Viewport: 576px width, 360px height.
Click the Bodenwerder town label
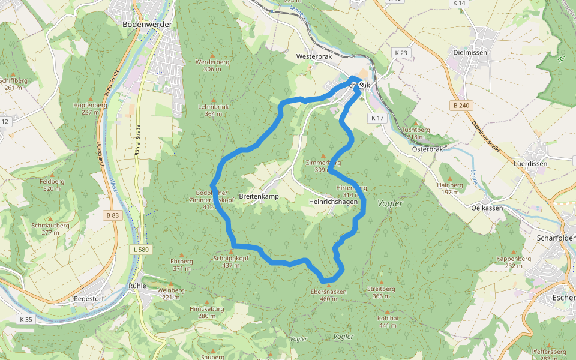click(147, 25)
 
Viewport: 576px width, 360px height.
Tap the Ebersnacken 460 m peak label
click(328, 295)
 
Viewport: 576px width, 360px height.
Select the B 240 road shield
click(460, 105)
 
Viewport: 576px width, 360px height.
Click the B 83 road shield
click(112, 215)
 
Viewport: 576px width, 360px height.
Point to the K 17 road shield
click(377, 118)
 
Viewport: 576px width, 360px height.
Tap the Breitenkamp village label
click(259, 197)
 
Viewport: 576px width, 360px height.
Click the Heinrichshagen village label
click(333, 202)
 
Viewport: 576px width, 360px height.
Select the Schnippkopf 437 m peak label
click(231, 261)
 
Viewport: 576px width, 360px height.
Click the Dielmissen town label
click(469, 53)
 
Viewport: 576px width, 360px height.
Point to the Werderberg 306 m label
click(212, 65)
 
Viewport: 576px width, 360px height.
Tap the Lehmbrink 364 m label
click(213, 110)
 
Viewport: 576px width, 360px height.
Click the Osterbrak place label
click(427, 149)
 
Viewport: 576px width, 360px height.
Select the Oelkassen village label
click(486, 208)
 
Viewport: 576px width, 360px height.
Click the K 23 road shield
click(401, 53)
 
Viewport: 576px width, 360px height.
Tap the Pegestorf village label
click(89, 298)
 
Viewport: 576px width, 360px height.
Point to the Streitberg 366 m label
click(381, 292)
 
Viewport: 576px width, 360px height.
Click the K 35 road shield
click(25, 319)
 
